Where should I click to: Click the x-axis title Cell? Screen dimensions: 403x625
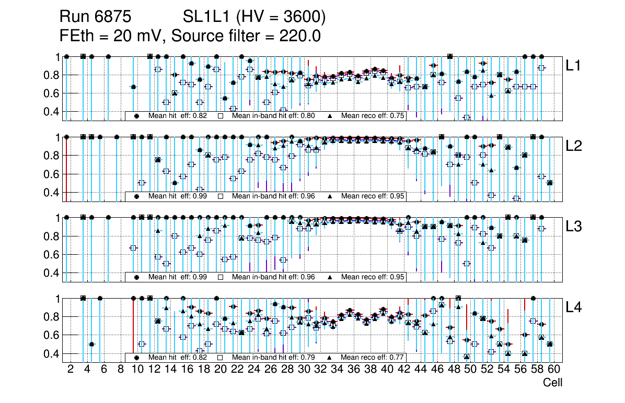(552, 383)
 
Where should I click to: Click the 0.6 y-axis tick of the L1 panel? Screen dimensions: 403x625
(52, 93)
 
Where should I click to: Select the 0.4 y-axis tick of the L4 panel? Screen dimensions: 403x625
(52, 354)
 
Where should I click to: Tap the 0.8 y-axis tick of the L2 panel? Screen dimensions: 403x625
(52, 156)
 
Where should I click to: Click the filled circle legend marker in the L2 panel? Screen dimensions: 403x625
(137, 196)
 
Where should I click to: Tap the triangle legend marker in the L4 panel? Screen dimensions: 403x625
(330, 358)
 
